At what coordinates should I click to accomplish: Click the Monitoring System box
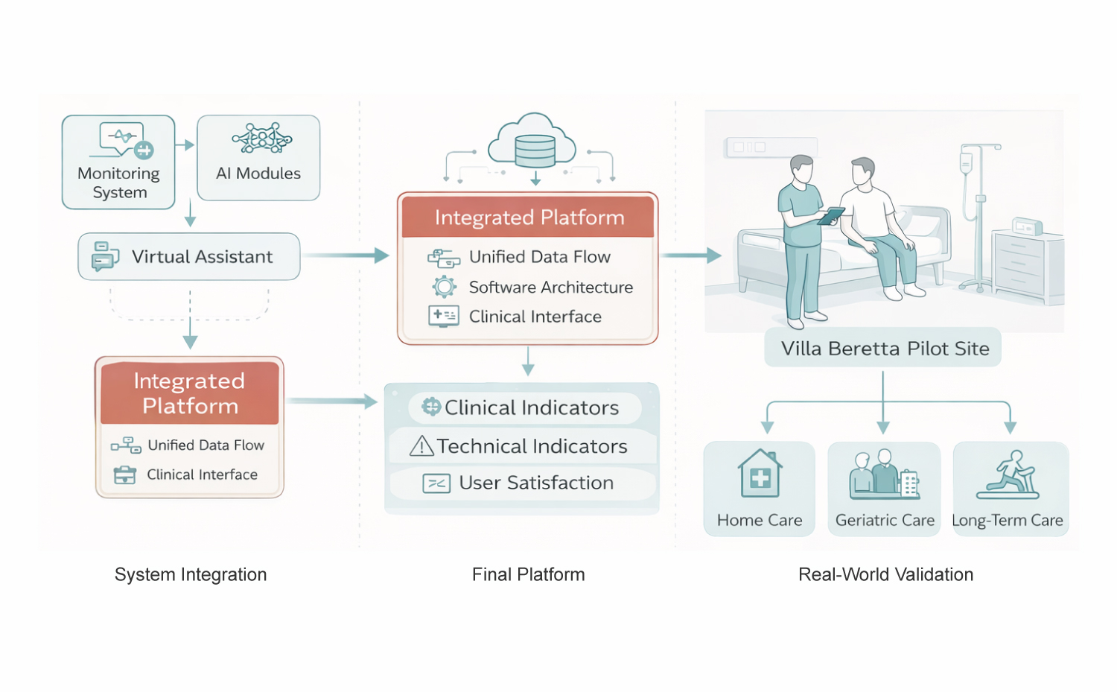tap(118, 162)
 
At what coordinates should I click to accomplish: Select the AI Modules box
tap(258, 158)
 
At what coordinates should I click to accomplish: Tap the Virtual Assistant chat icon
tap(105, 255)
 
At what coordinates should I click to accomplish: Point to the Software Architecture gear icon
tap(445, 287)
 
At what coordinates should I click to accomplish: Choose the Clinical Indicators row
tap(524, 407)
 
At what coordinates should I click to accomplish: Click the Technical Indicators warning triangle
tap(422, 445)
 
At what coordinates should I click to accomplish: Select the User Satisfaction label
tap(536, 483)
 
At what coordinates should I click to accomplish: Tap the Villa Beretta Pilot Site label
tap(884, 349)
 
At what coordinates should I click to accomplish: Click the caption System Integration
tap(191, 574)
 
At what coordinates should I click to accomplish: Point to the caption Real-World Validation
tap(885, 574)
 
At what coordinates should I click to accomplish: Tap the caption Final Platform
tap(528, 574)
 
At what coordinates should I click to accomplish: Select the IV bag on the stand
tap(966, 162)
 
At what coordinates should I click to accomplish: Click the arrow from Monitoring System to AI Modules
tap(185, 145)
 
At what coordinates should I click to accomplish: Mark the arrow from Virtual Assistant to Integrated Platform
tap(347, 255)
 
